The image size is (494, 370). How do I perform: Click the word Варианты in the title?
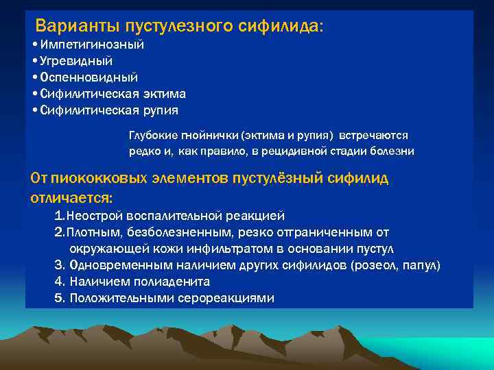pos(78,26)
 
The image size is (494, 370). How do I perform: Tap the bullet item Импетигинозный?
pos(92,45)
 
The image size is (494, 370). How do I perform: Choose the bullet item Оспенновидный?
pos(89,77)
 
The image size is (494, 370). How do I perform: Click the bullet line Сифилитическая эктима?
pos(113,93)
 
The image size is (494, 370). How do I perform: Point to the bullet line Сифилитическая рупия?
pos(109,110)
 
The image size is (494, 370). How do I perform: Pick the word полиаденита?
pos(172,282)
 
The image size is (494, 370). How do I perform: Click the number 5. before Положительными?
pos(60,298)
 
